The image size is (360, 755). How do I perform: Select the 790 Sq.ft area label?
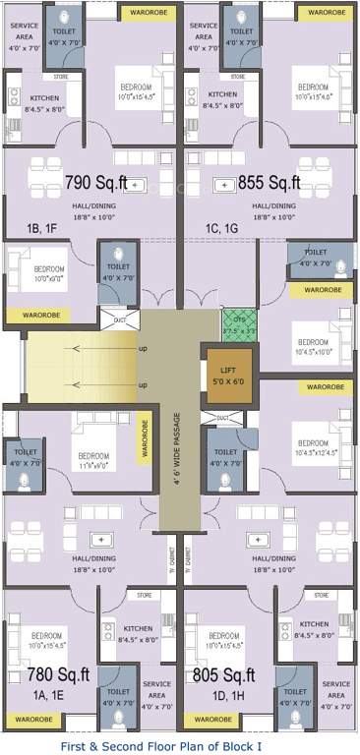coord(98,183)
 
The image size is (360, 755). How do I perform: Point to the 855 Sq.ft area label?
coord(270,183)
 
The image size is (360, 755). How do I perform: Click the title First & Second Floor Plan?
coord(180,746)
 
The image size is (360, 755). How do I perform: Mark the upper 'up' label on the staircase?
coord(143,350)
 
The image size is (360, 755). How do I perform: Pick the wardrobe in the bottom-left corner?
coord(33,719)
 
